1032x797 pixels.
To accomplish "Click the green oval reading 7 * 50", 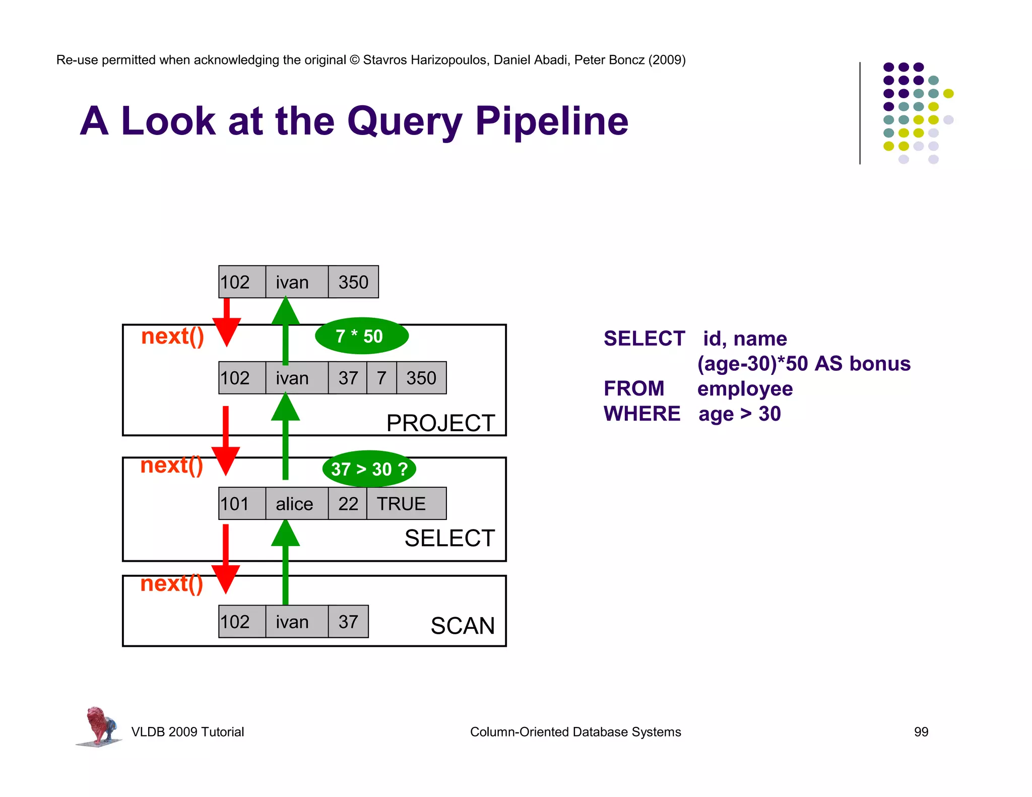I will [x=361, y=336].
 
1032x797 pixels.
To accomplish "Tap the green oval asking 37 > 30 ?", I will [x=369, y=469].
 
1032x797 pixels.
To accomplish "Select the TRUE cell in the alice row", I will [x=406, y=503].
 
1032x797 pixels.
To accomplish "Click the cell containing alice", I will [x=296, y=503].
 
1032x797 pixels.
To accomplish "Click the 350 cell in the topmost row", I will [x=353, y=282].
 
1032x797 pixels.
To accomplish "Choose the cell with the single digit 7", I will [x=381, y=378].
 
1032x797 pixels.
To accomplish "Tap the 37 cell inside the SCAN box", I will [x=348, y=622].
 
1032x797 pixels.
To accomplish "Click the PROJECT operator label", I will [x=440, y=423].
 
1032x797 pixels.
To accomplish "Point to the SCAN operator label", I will [x=463, y=626].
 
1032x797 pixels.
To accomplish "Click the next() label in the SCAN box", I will [x=172, y=583].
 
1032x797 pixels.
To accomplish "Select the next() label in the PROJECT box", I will [x=172, y=336].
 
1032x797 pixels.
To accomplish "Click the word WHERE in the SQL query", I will [x=642, y=414].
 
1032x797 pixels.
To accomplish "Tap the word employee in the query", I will [x=745, y=389].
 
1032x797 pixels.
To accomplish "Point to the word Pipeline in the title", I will [x=552, y=121].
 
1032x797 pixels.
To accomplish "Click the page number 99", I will [x=921, y=732].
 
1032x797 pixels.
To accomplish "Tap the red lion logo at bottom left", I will [x=99, y=726].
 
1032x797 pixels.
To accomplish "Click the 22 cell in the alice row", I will [x=348, y=503].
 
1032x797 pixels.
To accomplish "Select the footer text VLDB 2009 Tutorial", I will [x=187, y=732].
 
